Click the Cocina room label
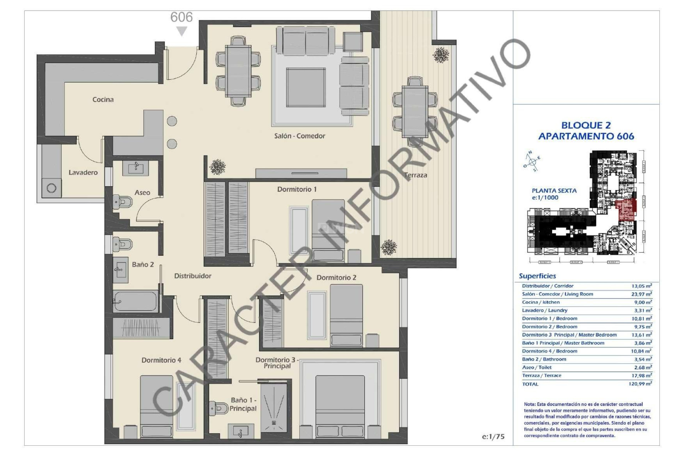[103, 100]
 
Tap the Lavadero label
[83, 172]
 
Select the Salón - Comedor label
[299, 136]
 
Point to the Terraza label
[415, 175]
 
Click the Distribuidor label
[192, 276]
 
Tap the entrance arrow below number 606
[182, 31]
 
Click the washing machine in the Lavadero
[51, 188]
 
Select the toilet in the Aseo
[122, 202]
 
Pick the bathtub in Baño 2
[136, 301]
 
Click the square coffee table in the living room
[306, 87]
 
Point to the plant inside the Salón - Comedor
[217, 166]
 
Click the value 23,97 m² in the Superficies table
[641, 294]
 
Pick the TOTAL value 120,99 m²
[640, 384]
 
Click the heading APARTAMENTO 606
[586, 136]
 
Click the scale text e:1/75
[493, 436]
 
